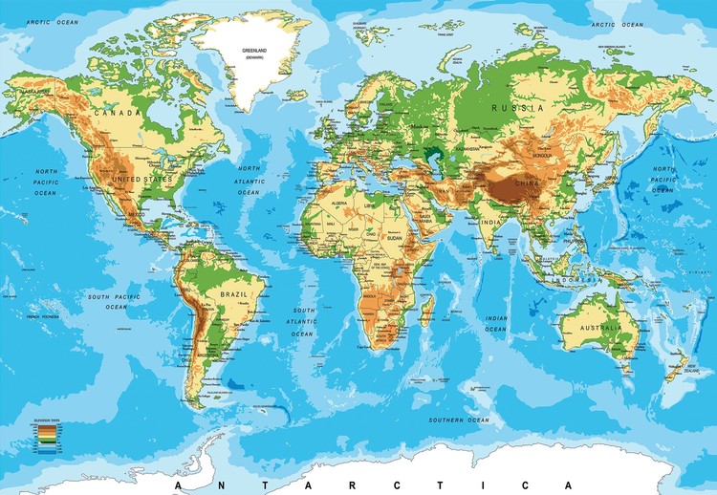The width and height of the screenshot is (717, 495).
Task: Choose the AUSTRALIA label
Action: click(x=597, y=328)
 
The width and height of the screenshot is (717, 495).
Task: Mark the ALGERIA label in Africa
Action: click(x=339, y=204)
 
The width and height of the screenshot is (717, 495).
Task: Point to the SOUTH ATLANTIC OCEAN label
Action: click(x=304, y=322)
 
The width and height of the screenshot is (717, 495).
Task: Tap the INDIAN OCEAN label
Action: click(x=495, y=322)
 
